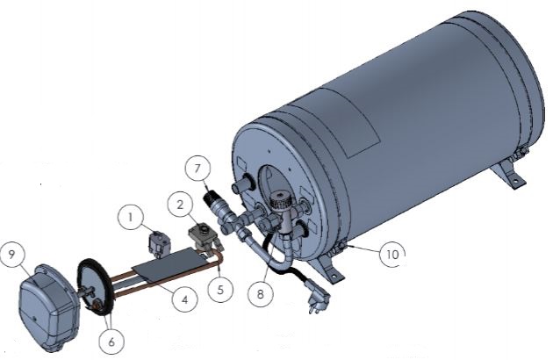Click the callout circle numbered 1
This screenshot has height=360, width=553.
(131, 214)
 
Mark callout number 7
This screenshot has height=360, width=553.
(197, 166)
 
